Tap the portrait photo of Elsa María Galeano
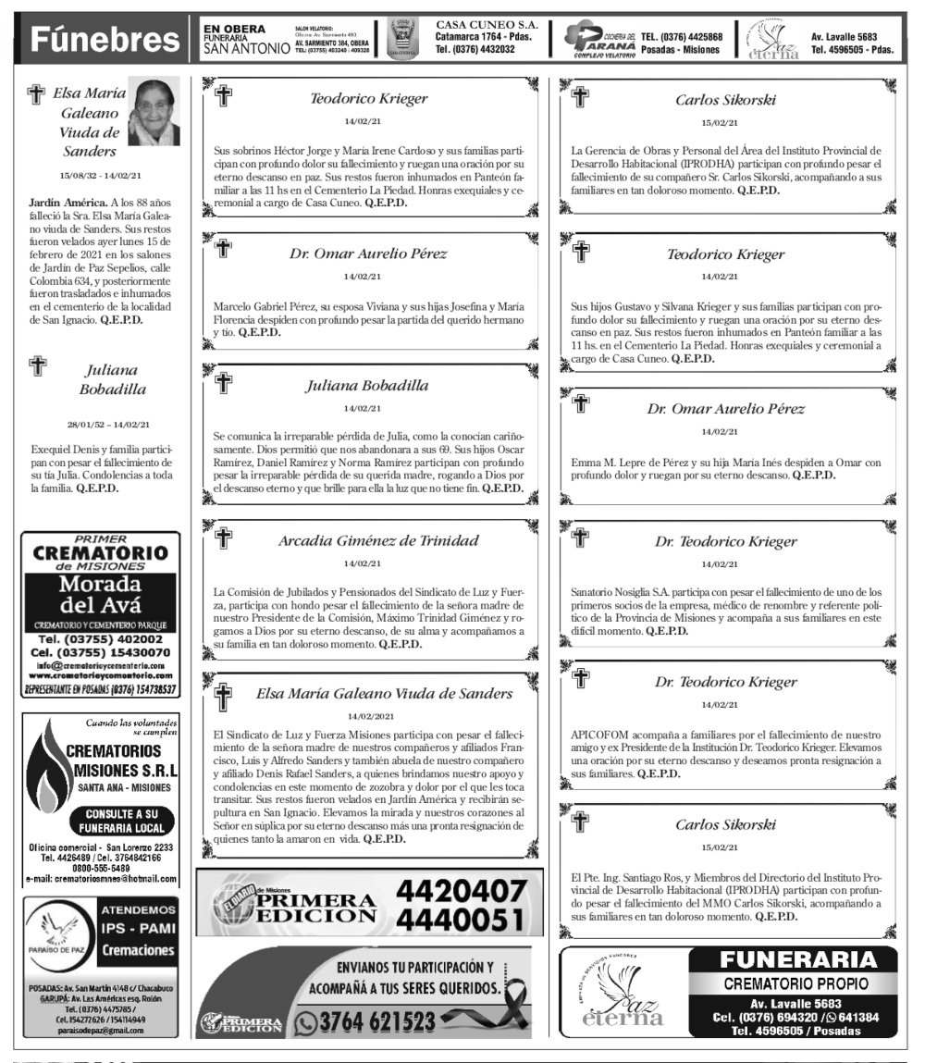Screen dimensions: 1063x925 [x=153, y=112]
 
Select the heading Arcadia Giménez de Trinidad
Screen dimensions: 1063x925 [x=367, y=541]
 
